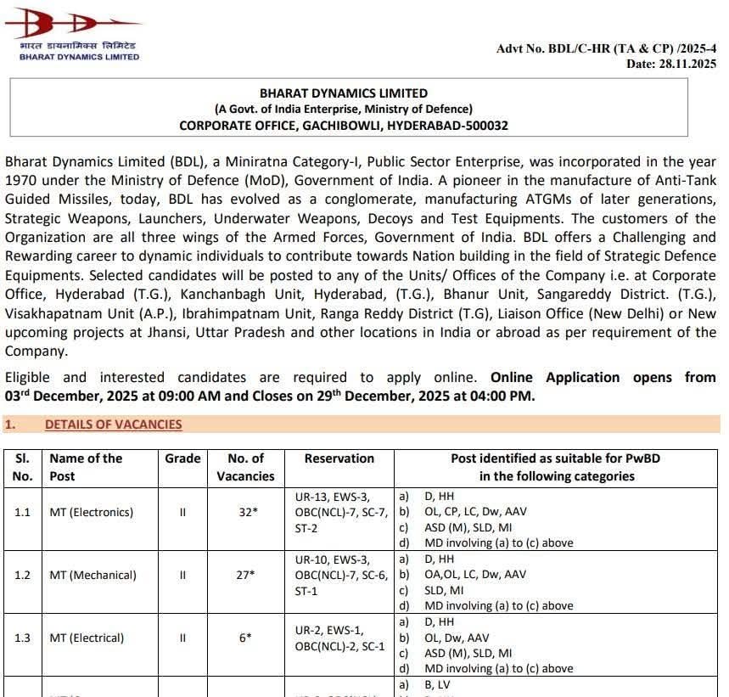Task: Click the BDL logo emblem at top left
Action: click(x=72, y=21)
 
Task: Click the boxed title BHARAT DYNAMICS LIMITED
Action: click(x=344, y=93)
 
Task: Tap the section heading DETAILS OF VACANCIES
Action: click(x=113, y=424)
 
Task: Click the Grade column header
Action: click(x=182, y=458)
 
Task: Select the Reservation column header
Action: click(x=339, y=458)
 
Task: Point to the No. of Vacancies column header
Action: click(x=245, y=467)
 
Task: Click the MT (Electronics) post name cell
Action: click(x=91, y=512)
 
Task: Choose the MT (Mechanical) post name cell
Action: click(x=93, y=575)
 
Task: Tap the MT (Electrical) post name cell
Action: click(x=87, y=638)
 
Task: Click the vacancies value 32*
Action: click(x=245, y=512)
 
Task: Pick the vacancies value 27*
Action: click(x=245, y=575)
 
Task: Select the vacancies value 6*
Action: click(x=245, y=638)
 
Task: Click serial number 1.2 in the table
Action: click(x=22, y=575)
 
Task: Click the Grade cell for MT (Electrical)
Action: click(x=182, y=638)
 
